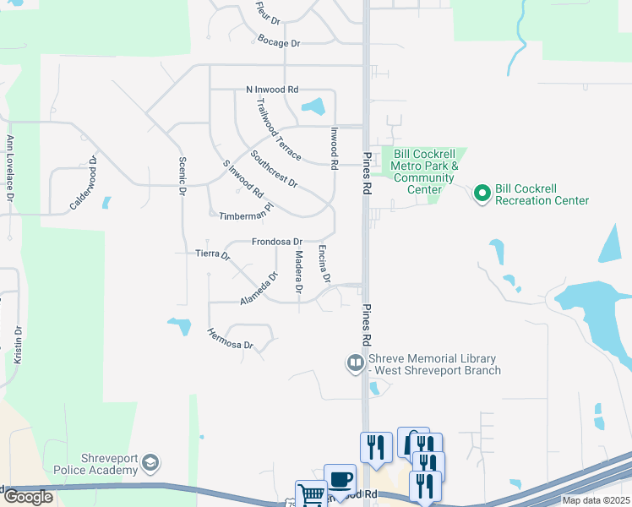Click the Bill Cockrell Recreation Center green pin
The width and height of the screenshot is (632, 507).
tap(482, 194)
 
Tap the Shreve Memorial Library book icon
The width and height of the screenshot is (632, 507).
tap(356, 364)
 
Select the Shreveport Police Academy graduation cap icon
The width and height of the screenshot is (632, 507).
tap(150, 462)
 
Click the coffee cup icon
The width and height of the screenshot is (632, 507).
tap(340, 478)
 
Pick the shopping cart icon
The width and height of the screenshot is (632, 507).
tap(310, 493)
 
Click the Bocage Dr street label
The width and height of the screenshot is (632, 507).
tap(279, 42)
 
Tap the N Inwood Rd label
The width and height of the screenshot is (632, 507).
tap(272, 89)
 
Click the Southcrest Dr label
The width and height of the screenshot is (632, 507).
tap(274, 169)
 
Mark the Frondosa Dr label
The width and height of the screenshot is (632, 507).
tap(276, 242)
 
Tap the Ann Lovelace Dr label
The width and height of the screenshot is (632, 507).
tap(10, 168)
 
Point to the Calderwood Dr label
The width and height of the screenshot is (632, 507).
tap(84, 183)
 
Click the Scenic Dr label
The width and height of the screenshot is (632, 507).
tap(182, 177)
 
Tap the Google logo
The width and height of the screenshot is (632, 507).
tap(28, 497)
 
